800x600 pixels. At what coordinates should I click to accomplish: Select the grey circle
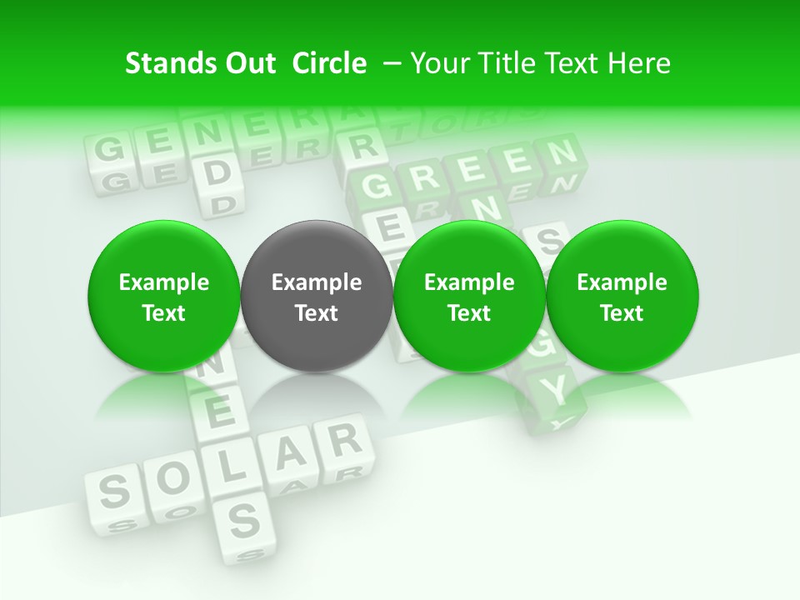point(317,297)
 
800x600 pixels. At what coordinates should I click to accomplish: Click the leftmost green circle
point(164,297)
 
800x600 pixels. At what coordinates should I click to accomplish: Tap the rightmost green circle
point(622,297)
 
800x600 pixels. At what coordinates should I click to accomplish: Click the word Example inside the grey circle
point(317,282)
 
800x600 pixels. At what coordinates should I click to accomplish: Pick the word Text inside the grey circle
point(317,313)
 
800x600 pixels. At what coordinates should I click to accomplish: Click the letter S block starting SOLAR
point(113,492)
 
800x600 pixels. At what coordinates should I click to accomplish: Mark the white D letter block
point(216,172)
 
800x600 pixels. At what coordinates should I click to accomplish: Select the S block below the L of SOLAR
point(242,519)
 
